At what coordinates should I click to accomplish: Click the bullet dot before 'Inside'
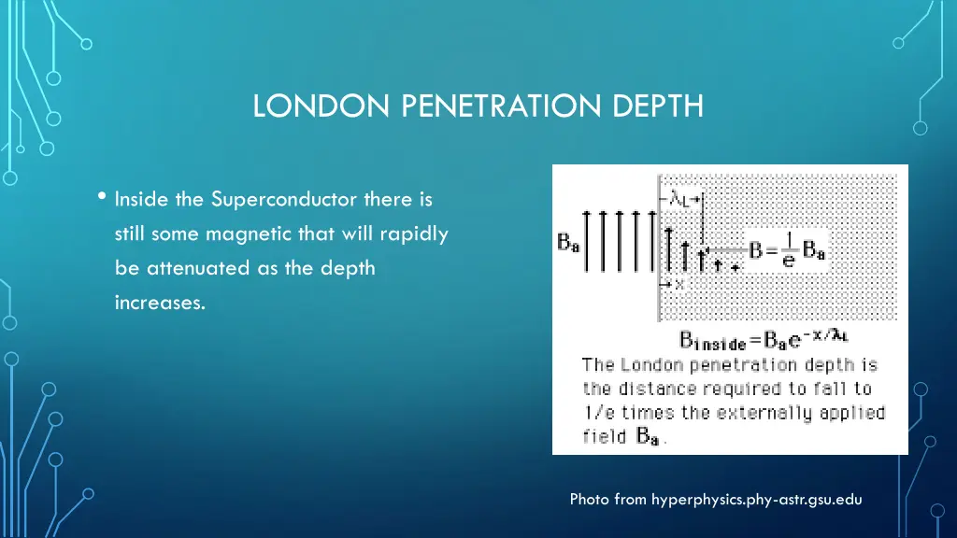(101, 197)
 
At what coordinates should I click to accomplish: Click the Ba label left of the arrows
(567, 242)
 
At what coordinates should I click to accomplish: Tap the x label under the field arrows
(679, 283)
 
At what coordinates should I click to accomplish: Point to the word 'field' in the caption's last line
(605, 436)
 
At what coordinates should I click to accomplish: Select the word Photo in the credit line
(591, 500)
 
